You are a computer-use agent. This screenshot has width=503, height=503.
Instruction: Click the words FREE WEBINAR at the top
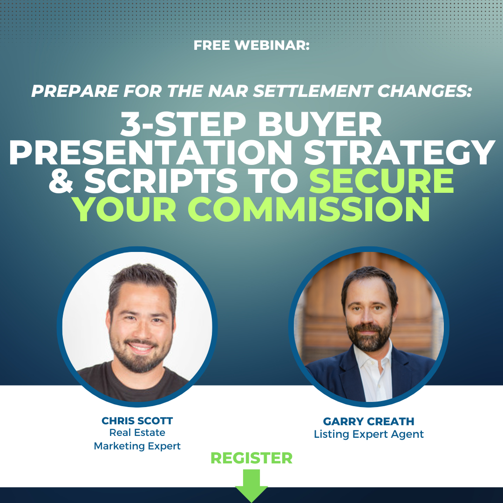[x=251, y=46]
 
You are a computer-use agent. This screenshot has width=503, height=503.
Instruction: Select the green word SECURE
[x=382, y=182]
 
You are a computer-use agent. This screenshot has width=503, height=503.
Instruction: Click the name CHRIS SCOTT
[x=137, y=421]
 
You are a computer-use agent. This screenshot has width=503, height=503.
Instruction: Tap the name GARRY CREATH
[x=368, y=421]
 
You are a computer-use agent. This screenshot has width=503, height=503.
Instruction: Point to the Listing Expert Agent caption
[x=368, y=435]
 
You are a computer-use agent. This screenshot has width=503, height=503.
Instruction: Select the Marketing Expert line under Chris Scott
[x=137, y=446]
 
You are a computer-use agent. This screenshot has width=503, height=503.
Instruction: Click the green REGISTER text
[x=251, y=458]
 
